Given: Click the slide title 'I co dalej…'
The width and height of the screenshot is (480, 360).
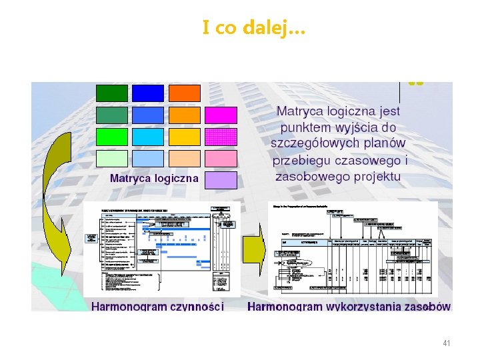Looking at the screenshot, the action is click(x=253, y=28).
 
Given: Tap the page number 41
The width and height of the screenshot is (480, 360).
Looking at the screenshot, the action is click(x=447, y=343).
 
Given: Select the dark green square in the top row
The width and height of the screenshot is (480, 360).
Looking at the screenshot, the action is click(x=112, y=93).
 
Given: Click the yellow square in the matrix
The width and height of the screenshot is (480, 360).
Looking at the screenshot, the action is click(x=184, y=137).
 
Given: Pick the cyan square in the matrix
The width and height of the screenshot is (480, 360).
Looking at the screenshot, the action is click(x=148, y=137).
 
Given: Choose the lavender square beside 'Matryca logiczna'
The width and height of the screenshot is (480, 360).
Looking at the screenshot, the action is click(x=221, y=180).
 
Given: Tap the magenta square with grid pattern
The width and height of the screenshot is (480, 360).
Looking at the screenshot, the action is click(x=221, y=137).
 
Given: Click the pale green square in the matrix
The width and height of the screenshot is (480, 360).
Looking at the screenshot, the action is click(x=112, y=159).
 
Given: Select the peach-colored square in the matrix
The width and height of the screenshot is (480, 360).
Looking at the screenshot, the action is click(x=184, y=159).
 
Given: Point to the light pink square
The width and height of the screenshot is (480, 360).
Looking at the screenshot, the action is click(x=221, y=159).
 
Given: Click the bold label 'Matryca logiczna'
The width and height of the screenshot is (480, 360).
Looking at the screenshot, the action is click(x=154, y=178).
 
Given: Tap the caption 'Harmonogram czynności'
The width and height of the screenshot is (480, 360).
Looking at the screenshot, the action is click(x=157, y=307).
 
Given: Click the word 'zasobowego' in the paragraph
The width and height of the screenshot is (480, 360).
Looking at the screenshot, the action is click(x=309, y=177).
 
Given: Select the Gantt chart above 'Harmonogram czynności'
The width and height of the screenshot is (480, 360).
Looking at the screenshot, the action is click(x=161, y=249).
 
